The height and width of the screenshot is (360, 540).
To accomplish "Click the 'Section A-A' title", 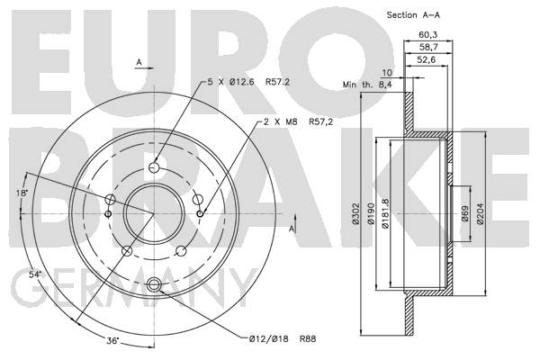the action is [x=413, y=15].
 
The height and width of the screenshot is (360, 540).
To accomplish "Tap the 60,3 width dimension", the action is [x=427, y=35].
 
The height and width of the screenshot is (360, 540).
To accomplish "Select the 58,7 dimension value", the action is [x=427, y=47].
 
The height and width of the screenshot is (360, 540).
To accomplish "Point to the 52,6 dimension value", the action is [x=426, y=60].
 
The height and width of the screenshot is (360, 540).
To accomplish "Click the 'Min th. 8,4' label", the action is [x=367, y=85].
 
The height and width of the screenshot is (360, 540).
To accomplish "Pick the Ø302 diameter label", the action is [x=356, y=213].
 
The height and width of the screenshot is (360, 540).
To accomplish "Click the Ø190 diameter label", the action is [x=371, y=213].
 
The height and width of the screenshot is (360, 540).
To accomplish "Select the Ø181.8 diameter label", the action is [x=385, y=213].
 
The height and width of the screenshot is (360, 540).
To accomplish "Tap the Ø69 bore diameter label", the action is [x=465, y=213].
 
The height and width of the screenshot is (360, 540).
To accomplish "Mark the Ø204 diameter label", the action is [x=481, y=213].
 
